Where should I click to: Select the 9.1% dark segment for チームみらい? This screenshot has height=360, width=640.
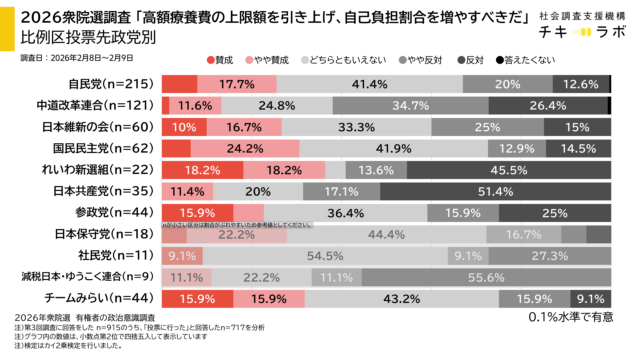point(590,298)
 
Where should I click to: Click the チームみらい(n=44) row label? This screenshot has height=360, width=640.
point(106,298)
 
